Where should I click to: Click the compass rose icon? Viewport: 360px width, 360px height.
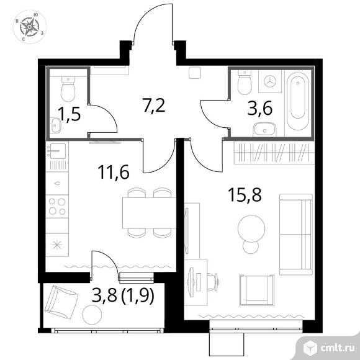tap(29, 27)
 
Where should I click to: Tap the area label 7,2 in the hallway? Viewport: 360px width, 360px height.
tap(153, 105)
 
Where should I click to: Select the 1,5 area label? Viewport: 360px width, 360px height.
tap(69, 114)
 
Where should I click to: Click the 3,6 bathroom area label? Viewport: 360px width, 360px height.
tap(259, 108)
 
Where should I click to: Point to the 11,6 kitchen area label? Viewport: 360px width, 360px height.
tap(114, 172)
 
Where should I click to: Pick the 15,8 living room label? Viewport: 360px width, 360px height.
tap(245, 195)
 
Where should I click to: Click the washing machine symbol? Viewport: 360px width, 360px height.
tap(270, 81)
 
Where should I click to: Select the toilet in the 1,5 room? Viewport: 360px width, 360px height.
tap(68, 89)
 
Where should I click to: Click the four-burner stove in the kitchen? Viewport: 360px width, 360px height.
tap(57, 206)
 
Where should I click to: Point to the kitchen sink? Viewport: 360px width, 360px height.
tap(57, 151)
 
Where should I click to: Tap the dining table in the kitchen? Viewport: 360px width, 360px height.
tap(149, 213)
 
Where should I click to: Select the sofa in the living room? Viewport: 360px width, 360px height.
tap(296, 235)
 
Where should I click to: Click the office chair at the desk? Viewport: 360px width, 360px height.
tap(213, 282)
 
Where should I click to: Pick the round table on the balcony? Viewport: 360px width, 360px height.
tap(92, 315)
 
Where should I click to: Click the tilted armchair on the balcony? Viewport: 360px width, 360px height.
tap(61, 302)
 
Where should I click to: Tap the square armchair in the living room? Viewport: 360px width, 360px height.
tap(257, 290)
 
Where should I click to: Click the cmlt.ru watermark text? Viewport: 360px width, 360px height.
tap(337, 348)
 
